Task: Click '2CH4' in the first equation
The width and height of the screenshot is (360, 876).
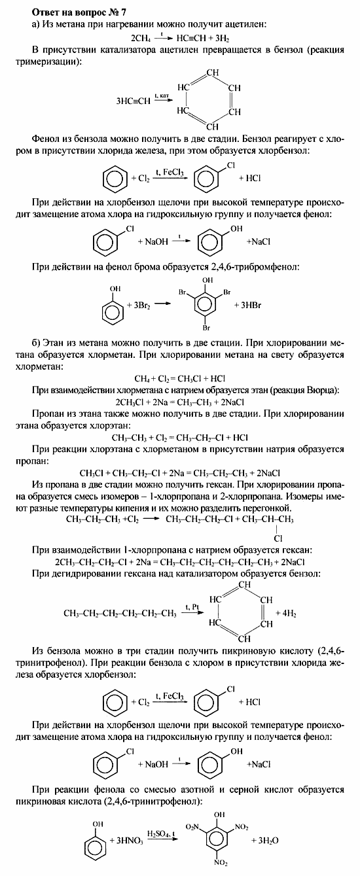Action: coord(142,39)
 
